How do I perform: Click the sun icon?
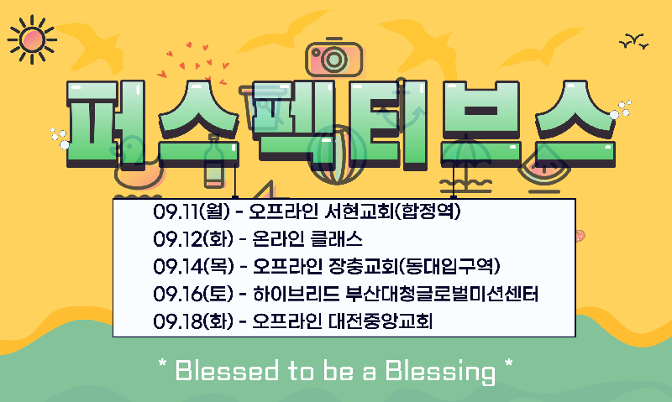click(32, 39)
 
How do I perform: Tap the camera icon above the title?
click(333, 57)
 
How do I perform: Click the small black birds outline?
click(634, 41)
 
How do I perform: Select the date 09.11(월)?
click(192, 211)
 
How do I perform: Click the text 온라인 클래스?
click(307, 239)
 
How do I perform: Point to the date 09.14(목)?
click(193, 266)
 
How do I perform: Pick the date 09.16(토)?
click(193, 294)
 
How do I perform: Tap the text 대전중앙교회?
click(381, 321)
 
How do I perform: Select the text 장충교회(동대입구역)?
click(414, 266)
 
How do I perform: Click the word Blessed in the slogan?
click(226, 370)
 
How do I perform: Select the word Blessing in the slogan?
click(440, 372)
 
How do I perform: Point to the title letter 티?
click(389, 123)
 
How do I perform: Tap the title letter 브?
click(481, 123)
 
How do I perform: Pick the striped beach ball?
click(337, 155)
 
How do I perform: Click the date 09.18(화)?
click(193, 321)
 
